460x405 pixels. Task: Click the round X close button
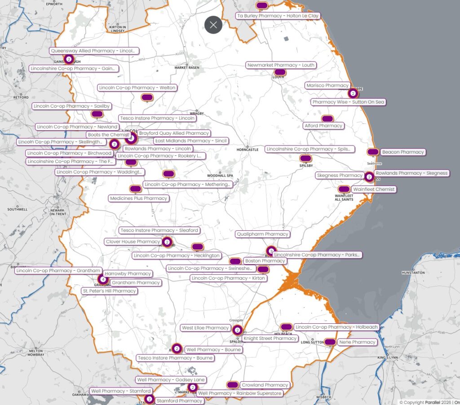[x=213, y=25]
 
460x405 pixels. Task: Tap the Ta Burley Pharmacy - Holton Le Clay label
[x=278, y=16]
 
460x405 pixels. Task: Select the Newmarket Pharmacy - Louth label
[x=281, y=65]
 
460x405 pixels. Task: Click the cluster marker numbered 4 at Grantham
[x=103, y=279]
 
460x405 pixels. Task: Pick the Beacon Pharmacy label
[x=403, y=152]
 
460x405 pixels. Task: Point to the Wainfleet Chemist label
[x=373, y=189]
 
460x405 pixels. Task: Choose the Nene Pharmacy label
[x=357, y=342]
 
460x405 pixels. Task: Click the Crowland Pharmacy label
[x=265, y=385]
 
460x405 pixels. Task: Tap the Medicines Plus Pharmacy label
[x=138, y=198]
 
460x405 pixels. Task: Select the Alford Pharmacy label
[x=323, y=126]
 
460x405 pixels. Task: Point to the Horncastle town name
[x=248, y=150]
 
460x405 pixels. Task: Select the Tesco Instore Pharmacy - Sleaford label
[x=159, y=230]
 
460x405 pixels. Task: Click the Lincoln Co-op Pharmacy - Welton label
[x=137, y=88]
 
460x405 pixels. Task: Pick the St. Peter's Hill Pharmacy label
[x=109, y=291]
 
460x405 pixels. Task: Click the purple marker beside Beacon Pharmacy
[x=372, y=152]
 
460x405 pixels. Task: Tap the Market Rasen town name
[x=187, y=67]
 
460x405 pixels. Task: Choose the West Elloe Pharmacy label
[x=206, y=328]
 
